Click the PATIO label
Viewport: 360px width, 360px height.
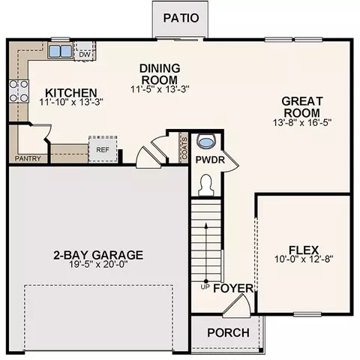[181, 18]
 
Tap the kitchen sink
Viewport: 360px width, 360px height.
[60, 51]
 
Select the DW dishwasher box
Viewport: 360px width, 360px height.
[85, 51]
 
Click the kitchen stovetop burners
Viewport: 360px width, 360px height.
[19, 91]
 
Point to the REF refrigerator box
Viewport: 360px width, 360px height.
[103, 149]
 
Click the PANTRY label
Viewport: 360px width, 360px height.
[28, 158]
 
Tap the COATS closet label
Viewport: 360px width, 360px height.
[184, 148]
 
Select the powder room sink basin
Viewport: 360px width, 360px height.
[206, 142]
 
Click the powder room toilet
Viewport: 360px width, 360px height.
[206, 185]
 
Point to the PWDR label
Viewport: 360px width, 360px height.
[210, 160]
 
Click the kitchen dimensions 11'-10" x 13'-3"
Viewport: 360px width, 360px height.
[71, 102]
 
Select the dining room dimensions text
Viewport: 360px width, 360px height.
[160, 89]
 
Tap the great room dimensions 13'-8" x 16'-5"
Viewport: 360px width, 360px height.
[302, 123]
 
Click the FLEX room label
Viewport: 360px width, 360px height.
[304, 250]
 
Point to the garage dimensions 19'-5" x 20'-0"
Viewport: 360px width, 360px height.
[98, 264]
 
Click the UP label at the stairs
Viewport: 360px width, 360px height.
[205, 287]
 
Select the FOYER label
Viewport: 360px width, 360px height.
[233, 288]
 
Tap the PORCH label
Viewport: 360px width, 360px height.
[228, 333]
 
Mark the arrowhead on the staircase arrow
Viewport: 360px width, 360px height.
[206, 225]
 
